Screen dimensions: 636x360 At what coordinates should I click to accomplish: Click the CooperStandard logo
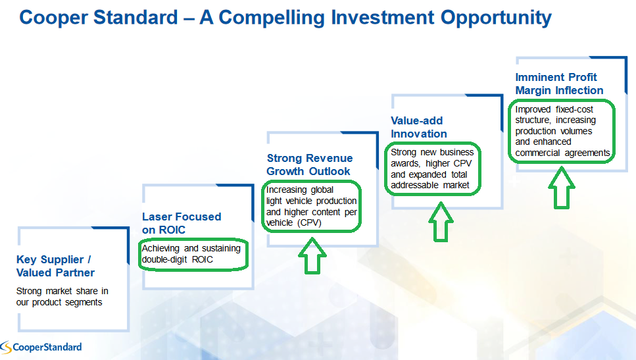[41, 347]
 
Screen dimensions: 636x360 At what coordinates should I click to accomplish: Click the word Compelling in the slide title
[272, 18]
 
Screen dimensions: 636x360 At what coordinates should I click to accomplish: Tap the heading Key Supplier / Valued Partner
[55, 266]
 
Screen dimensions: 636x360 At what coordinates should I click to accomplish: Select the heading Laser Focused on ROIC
[182, 223]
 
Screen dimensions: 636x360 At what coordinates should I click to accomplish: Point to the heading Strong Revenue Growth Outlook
[310, 165]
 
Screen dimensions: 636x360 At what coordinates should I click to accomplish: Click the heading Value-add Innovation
[418, 127]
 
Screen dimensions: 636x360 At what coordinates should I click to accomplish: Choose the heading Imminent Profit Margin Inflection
[559, 84]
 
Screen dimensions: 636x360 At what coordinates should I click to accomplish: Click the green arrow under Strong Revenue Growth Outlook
[312, 256]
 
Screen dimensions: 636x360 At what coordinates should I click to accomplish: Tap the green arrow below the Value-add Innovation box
[441, 222]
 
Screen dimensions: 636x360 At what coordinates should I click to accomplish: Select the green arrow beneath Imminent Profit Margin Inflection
[562, 188]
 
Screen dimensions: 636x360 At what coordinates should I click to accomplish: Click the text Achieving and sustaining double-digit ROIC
[191, 253]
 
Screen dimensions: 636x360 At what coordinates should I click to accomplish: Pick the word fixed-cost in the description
[574, 110]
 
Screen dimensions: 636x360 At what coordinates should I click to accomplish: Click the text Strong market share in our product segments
[62, 297]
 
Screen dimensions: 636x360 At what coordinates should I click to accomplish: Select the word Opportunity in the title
[496, 18]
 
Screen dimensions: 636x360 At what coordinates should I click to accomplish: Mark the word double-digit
[164, 260]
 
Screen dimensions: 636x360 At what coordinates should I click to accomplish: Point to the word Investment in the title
[383, 18]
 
